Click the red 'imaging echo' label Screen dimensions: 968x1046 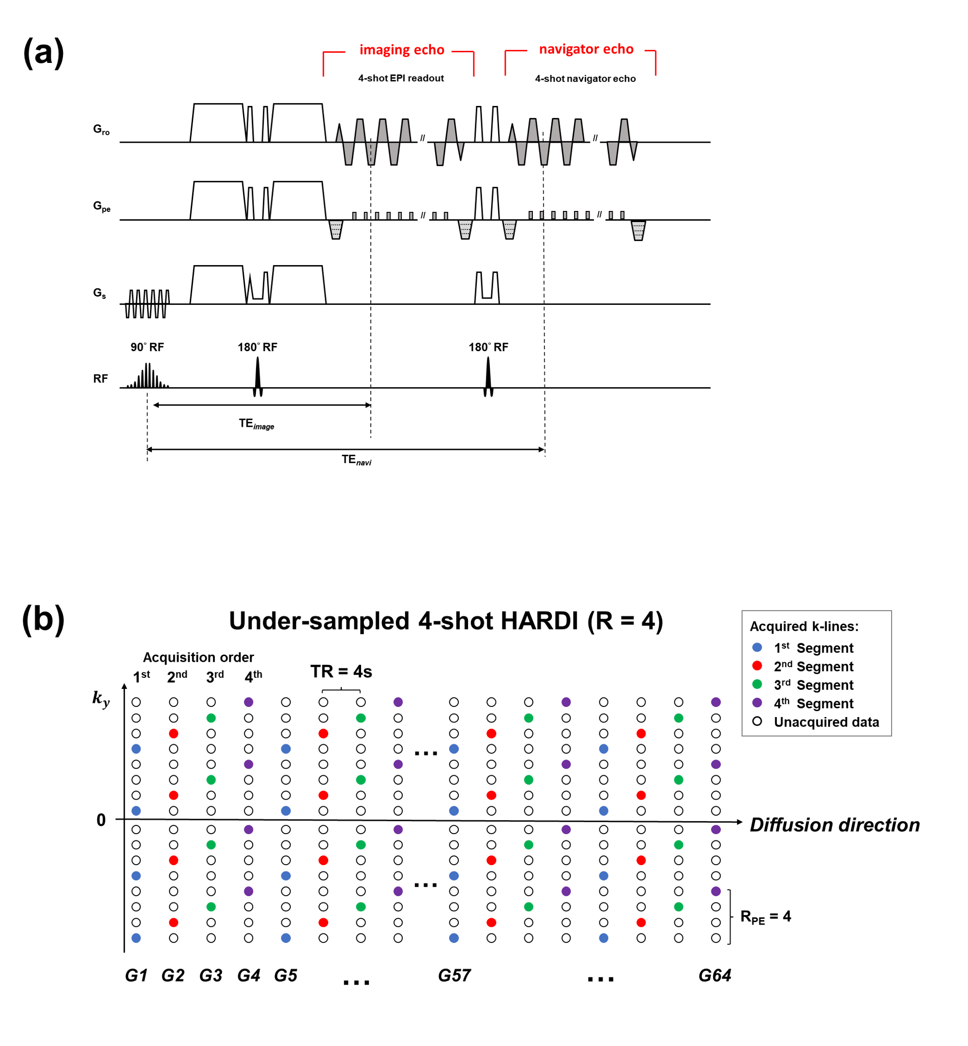[x=402, y=50]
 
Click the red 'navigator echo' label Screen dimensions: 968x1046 [x=586, y=49]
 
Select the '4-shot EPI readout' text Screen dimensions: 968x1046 [x=401, y=78]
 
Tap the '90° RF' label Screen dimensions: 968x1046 [x=147, y=347]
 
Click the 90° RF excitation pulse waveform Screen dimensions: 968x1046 [x=148, y=375]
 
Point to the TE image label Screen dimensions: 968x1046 [x=256, y=423]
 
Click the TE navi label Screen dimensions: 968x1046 [x=356, y=460]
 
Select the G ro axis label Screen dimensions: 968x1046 [x=101, y=129]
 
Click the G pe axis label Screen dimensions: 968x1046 [x=102, y=206]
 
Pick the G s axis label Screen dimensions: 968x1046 [x=100, y=293]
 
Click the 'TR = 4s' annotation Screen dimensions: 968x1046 [x=341, y=672]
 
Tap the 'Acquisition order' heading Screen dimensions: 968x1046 [x=198, y=657]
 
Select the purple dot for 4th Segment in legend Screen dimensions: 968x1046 [x=757, y=703]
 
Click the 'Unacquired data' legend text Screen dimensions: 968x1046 [x=827, y=722]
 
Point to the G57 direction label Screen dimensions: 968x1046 [x=454, y=975]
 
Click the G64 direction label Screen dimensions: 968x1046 [x=715, y=975]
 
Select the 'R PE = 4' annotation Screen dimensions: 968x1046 [x=765, y=917]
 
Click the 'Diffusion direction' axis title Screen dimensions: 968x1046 [x=835, y=825]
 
